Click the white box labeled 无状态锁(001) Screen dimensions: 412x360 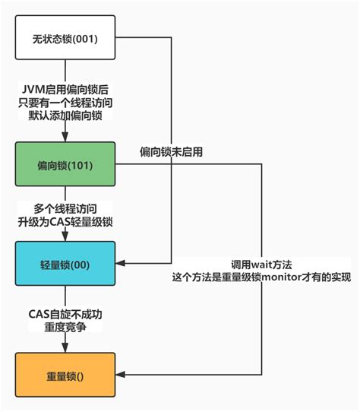click(65, 36)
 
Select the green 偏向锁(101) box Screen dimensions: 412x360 click(65, 164)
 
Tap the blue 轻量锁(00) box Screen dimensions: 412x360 click(65, 263)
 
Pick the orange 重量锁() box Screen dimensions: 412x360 click(65, 375)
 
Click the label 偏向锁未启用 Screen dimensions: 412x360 click(171, 152)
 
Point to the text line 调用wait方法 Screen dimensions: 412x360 click(261, 263)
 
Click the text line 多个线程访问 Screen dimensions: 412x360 click(65, 207)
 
